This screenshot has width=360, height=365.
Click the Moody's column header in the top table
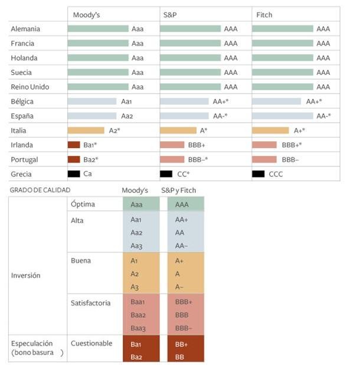86,15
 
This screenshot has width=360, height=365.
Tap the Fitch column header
264,15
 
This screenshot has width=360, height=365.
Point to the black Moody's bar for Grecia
74,174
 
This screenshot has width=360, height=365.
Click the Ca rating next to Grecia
87,174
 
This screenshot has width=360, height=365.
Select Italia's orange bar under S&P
178,130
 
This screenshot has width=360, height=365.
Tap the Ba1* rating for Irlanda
91,145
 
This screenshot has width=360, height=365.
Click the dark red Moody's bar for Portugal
74,159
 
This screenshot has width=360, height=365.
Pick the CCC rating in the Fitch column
277,174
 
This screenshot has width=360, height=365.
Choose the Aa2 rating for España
127,116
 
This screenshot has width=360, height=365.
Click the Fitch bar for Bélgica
276,101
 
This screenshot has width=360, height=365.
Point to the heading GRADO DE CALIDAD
41,190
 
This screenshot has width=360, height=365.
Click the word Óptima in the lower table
83,204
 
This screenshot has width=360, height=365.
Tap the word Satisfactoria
90,303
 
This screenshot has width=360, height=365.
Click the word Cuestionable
91,343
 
